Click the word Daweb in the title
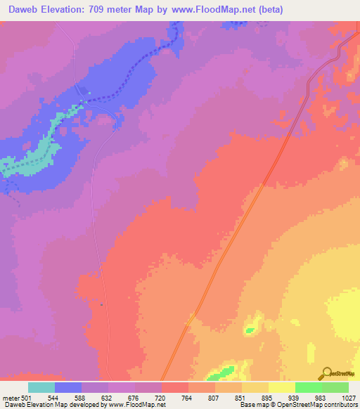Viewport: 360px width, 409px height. [x=22, y=9]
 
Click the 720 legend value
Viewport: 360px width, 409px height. [x=161, y=398]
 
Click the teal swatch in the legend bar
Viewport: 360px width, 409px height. [x=41, y=387]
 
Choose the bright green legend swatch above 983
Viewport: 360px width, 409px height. [x=308, y=387]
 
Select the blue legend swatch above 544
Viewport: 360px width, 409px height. [x=68, y=387]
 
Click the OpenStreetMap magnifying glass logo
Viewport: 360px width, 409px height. [x=326, y=373]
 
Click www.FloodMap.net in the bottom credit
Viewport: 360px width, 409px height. [x=136, y=405]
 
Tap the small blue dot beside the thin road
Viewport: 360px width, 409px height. [x=102, y=304]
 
